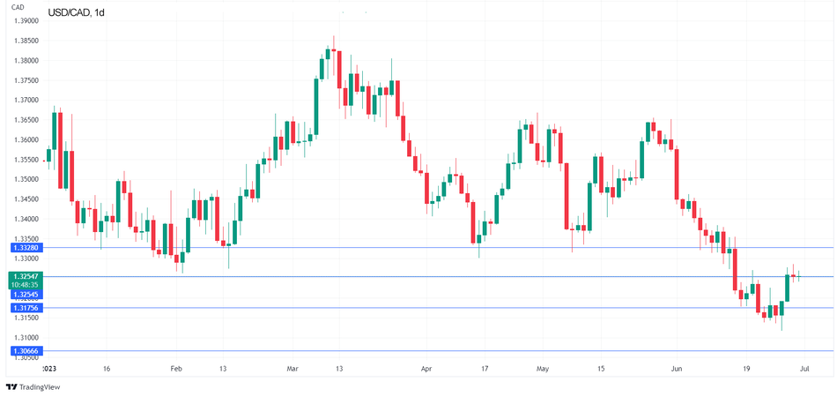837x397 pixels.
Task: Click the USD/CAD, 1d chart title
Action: (76, 12)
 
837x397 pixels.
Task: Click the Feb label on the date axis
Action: (175, 369)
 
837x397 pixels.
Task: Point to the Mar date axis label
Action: (292, 369)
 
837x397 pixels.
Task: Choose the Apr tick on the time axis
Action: (426, 369)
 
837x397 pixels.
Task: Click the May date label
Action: (542, 369)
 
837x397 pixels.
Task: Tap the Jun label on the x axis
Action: (676, 369)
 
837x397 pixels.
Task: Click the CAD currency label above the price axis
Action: (17, 7)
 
